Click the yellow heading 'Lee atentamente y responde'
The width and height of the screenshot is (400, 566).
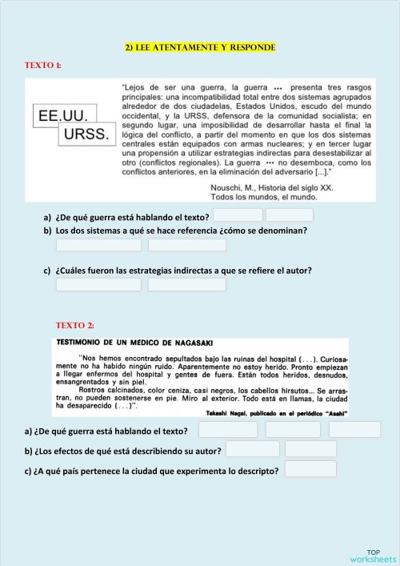point(200,48)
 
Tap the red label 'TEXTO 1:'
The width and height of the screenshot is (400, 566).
point(44,64)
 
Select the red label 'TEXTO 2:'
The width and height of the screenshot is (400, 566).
point(74,325)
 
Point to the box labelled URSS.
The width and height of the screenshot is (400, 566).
point(86,134)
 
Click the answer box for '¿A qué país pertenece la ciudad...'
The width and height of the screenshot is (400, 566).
point(310,469)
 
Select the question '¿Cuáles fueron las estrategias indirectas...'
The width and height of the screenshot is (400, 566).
point(183,270)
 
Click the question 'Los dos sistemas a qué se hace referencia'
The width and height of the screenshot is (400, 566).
point(181,231)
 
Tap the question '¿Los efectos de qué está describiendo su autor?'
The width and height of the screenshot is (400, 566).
point(123,450)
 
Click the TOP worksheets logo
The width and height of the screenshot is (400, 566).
point(372,556)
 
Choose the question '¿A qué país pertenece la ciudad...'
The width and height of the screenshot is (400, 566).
point(152,470)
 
